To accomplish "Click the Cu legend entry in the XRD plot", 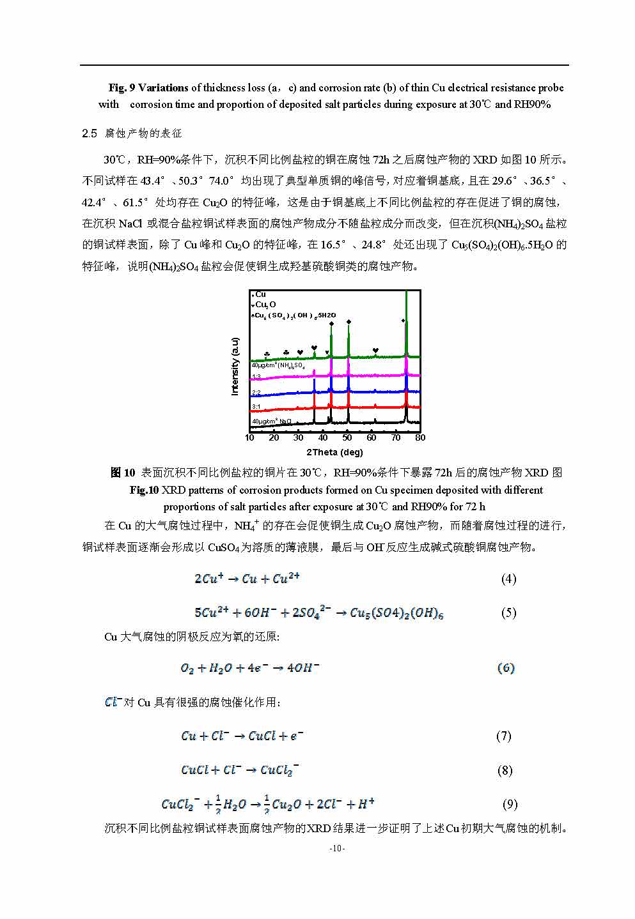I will (x=260, y=294).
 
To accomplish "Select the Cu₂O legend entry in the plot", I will (x=265, y=305).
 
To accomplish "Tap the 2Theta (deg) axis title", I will (x=334, y=452).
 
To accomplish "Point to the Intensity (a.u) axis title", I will (x=235, y=366).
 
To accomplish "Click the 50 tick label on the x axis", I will (x=347, y=437).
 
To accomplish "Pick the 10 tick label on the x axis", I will (x=249, y=437).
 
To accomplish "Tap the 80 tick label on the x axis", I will (x=420, y=437).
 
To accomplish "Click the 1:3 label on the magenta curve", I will (x=256, y=377).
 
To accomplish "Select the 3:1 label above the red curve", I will (x=256, y=406).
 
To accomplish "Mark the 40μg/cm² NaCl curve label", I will (x=271, y=422).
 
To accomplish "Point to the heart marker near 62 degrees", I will (x=375, y=350).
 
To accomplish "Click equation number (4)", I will (x=508, y=579).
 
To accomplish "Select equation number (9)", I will (x=510, y=804).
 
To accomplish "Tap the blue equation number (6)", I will (x=506, y=668).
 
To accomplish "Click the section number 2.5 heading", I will (x=90, y=133).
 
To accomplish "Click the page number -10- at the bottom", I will (x=337, y=848).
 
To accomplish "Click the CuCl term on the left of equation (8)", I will (x=194, y=770).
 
